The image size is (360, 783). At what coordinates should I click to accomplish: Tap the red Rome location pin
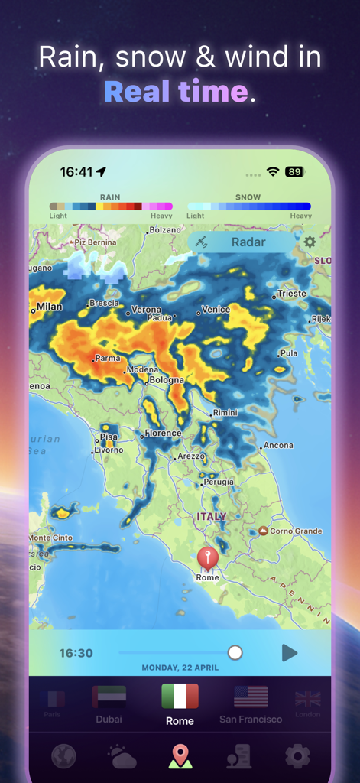point(207,557)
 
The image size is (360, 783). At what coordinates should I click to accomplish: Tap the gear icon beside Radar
point(310,242)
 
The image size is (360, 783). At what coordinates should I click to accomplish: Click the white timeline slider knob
point(235,652)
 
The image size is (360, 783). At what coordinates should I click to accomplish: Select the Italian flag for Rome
point(180,697)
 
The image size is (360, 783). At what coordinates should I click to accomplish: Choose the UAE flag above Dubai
point(109,697)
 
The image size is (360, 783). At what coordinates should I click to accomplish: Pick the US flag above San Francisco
point(251,697)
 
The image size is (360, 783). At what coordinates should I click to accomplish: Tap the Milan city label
point(50,307)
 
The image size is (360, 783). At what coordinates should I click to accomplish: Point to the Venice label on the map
point(216,310)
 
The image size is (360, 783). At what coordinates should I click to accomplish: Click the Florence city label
point(164,434)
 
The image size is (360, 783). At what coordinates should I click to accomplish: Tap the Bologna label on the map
point(166,380)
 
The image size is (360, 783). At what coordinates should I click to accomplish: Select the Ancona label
point(278,445)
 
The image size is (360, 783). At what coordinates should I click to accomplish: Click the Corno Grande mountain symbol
point(263,531)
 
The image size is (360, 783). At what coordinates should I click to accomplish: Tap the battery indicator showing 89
point(294,172)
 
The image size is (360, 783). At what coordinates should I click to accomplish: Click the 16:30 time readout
point(76,653)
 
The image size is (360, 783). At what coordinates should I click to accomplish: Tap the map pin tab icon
point(180,756)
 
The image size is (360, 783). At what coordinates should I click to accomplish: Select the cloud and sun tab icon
point(122,756)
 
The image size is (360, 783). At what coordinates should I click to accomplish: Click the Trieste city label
point(291,294)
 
